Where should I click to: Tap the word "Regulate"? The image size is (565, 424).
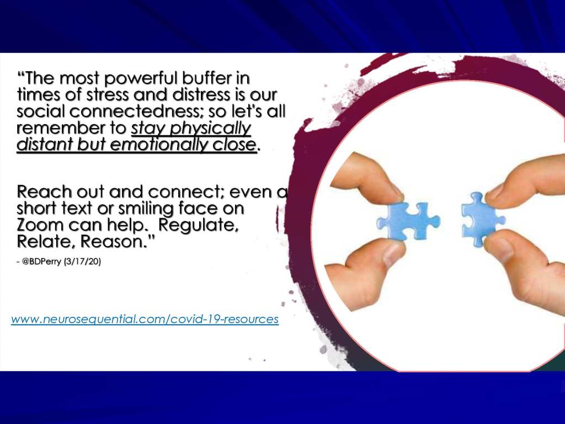pos(199,226)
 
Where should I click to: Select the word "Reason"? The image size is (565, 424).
pos(114,242)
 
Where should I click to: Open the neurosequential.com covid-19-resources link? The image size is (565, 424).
pos(145,319)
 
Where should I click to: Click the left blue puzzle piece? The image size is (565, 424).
pos(408,221)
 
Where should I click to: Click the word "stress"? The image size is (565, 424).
pos(108,95)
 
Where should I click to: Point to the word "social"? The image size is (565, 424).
pos(41,111)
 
